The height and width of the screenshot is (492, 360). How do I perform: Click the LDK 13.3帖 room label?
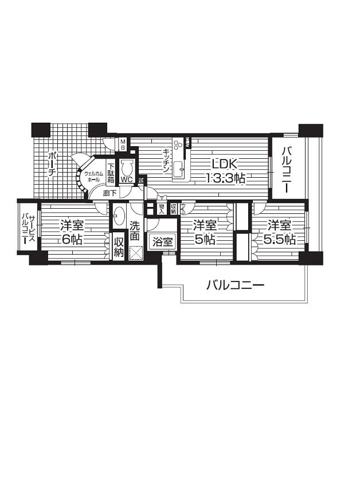pos(226,170)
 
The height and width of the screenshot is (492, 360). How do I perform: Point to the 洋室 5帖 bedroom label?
pos(205,232)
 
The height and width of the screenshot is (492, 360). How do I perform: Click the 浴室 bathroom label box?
pos(162,242)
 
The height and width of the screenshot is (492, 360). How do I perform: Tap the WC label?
pos(127,179)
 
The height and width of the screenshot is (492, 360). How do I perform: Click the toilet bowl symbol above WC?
pos(127,167)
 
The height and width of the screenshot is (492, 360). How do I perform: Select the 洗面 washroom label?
pos(135,231)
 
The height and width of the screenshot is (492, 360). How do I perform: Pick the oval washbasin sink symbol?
pos(119,217)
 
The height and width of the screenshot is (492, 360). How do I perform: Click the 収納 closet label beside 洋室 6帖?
pos(119,246)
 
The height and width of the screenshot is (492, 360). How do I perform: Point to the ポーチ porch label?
pos(52,163)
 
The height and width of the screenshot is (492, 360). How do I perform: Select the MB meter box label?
pos(122,143)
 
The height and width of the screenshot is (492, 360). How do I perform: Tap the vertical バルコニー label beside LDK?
pos(288,170)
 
